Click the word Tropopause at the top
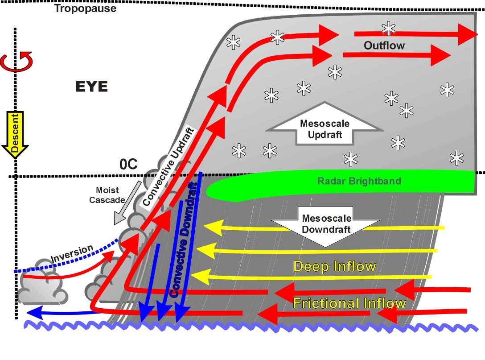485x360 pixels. click(86, 8)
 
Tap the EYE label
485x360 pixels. click(92, 87)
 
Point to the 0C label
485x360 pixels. click(128, 164)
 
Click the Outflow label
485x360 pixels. click(384, 46)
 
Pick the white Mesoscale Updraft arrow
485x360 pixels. click(325, 124)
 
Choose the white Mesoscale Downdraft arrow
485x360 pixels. click(325, 227)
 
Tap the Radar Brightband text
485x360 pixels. click(359, 181)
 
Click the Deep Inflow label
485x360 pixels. click(335, 266)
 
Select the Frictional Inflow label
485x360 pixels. click(349, 303)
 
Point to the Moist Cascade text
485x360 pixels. click(107, 195)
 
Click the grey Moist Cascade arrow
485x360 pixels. click(127, 203)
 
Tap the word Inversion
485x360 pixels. click(72, 253)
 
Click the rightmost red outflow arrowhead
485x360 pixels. click(467, 34)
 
